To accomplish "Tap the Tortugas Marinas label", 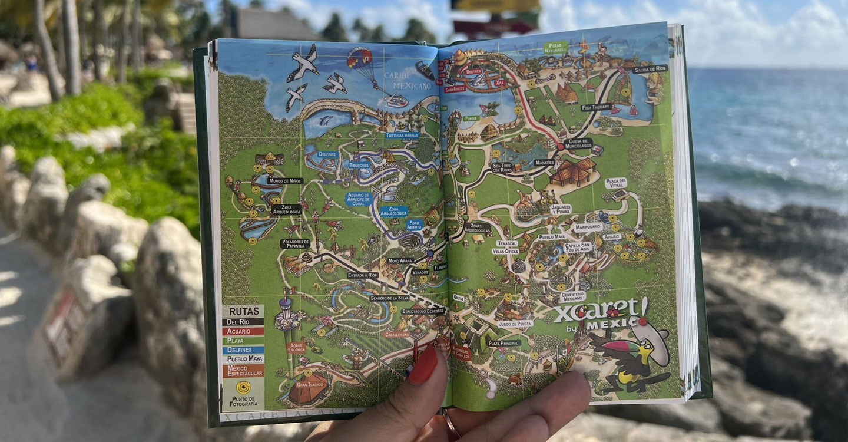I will (x=403, y=135).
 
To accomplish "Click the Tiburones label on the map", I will (x=359, y=166).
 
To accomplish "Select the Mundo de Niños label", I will (x=284, y=180).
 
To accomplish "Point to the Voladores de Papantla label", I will (x=295, y=243).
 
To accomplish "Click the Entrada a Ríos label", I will (x=363, y=275).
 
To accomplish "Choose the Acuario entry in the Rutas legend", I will (x=242, y=331).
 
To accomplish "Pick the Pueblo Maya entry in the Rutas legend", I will (x=243, y=359).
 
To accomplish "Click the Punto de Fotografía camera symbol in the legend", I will (x=243, y=387).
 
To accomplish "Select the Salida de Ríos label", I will (x=650, y=69).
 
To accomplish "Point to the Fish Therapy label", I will (x=596, y=107).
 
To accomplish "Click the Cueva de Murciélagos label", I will (x=578, y=143).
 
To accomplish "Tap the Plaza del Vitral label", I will (x=616, y=183).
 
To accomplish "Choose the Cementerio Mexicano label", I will (x=572, y=296).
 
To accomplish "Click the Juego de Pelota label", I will (x=515, y=324).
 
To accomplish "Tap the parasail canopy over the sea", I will (x=359, y=58).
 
